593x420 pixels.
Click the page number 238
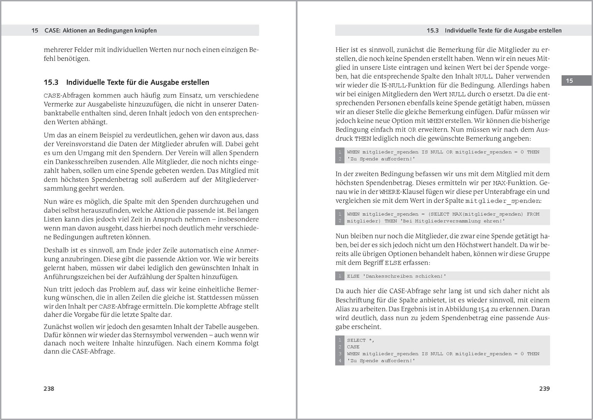[x=49, y=388]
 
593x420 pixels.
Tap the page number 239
[x=544, y=388]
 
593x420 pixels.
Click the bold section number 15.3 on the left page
[x=51, y=82]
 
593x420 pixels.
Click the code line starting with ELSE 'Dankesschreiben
[x=396, y=276]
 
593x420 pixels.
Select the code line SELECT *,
[x=361, y=340]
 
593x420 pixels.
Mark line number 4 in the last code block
[x=340, y=361]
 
